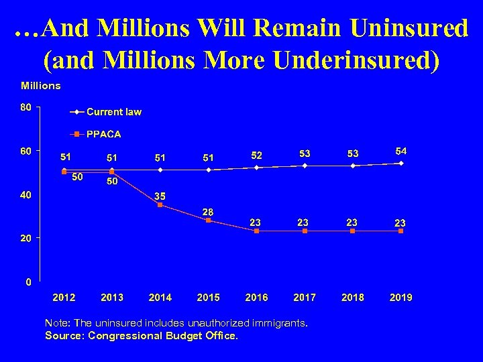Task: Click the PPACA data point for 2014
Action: (x=160, y=204)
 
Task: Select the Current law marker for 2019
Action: (x=401, y=163)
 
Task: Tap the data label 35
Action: (x=160, y=195)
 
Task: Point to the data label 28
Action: (x=208, y=211)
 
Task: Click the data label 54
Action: (x=401, y=150)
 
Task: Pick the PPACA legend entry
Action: (x=103, y=134)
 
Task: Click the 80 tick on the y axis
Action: (x=26, y=107)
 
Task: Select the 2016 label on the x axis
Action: (x=256, y=297)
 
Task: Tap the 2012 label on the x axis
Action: (x=64, y=297)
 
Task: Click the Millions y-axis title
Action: (x=41, y=85)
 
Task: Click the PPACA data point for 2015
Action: (x=208, y=220)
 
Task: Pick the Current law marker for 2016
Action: (x=256, y=167)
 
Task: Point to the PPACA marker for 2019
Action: (x=401, y=231)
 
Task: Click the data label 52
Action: (x=256, y=155)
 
